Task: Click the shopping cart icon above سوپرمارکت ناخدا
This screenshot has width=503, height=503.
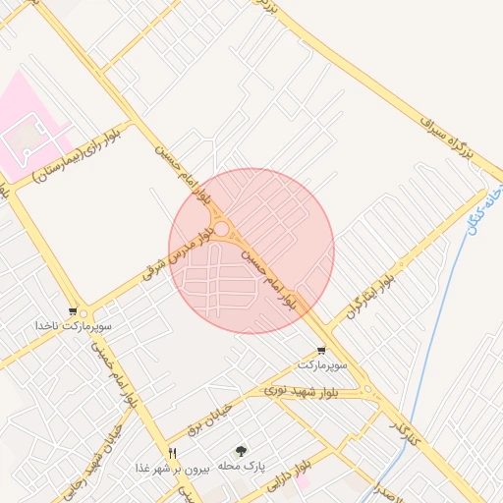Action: pyautogui.click(x=74, y=311)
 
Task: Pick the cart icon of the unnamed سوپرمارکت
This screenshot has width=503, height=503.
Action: pyautogui.click(x=321, y=351)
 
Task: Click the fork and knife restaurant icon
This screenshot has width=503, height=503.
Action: pyautogui.click(x=173, y=453)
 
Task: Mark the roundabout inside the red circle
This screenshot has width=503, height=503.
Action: pyautogui.click(x=224, y=229)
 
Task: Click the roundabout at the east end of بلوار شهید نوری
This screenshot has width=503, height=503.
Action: pyautogui.click(x=368, y=390)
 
